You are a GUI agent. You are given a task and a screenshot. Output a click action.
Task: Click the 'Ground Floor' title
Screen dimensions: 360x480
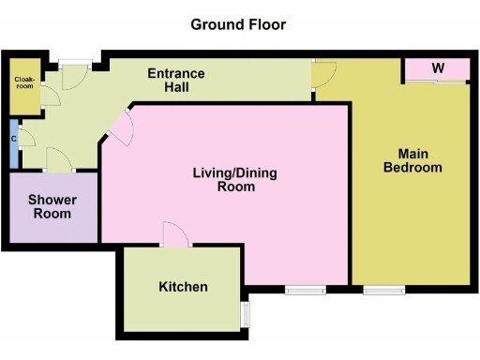238,23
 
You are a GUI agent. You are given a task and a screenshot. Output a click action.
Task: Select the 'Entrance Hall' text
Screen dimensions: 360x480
176,81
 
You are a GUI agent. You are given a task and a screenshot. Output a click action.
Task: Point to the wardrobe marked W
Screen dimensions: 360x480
437,69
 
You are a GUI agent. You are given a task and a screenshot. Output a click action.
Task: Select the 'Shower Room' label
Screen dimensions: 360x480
52,206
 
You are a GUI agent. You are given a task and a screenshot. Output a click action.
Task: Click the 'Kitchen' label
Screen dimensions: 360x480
183,287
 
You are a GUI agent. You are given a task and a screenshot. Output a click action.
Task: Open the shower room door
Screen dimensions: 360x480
58,159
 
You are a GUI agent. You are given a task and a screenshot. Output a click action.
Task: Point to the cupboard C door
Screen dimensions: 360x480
27,141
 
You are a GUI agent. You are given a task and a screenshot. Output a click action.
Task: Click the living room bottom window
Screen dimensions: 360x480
304,290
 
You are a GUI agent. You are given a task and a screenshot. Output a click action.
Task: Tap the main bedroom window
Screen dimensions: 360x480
382,290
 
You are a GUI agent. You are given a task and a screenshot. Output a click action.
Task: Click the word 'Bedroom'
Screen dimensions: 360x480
419,168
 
